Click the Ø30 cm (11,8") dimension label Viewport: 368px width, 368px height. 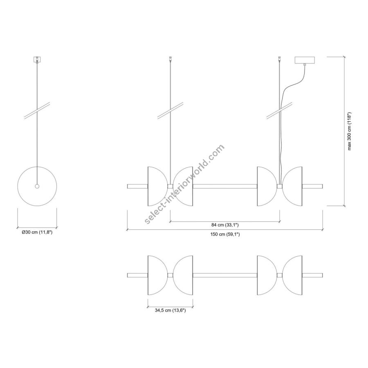[x=37, y=233]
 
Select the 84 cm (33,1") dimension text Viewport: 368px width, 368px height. [x=225, y=225]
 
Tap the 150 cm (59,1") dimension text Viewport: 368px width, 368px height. [x=225, y=234]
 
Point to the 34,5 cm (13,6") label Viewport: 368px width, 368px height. [x=170, y=310]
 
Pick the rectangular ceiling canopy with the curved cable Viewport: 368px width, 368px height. [x=305, y=60]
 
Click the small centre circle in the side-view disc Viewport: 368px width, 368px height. [x=37, y=186]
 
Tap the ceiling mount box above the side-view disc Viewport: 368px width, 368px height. [x=37, y=59]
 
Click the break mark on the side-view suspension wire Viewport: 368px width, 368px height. [x=37, y=111]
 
